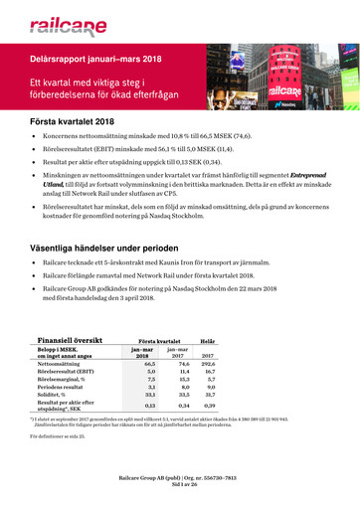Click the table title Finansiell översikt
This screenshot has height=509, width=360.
coord(77,340)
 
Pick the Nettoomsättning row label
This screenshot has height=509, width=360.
coord(62,365)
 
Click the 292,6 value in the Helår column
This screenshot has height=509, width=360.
coord(208,365)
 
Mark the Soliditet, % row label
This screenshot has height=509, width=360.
coord(57,396)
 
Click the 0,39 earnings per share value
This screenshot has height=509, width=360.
coord(209,406)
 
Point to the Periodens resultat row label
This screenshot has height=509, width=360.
coord(65,389)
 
